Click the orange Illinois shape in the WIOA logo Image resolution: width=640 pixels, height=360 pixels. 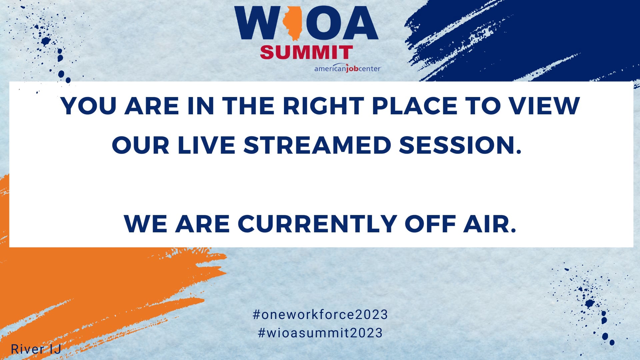pyautogui.click(x=292, y=23)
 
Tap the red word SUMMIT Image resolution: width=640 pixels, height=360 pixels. pyautogui.click(x=306, y=52)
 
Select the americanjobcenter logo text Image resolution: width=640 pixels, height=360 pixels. pyautogui.click(x=347, y=69)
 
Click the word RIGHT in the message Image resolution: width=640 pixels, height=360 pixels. pyautogui.click(x=323, y=106)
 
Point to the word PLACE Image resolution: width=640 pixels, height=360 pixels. pyautogui.click(x=414, y=106)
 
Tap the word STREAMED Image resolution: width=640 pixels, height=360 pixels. pyautogui.click(x=317, y=145)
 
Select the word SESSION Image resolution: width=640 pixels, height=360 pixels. pyautogui.click(x=460, y=145)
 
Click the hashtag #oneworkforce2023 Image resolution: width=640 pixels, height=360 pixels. pyautogui.click(x=320, y=315)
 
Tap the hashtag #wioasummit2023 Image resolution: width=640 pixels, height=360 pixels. pyautogui.click(x=320, y=333)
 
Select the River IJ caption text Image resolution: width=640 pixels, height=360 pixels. pyautogui.click(x=36, y=349)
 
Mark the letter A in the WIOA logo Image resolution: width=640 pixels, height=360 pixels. pyautogui.click(x=359, y=23)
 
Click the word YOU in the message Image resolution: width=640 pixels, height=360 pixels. pyautogui.click(x=89, y=106)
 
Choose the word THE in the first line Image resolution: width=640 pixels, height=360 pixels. pyautogui.click(x=248, y=106)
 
